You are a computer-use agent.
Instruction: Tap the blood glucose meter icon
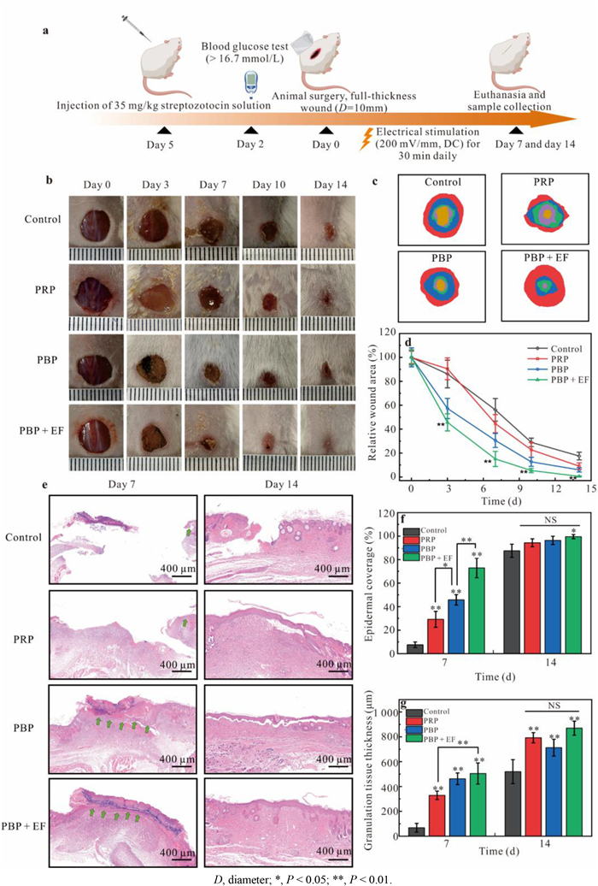pos(250,83)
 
